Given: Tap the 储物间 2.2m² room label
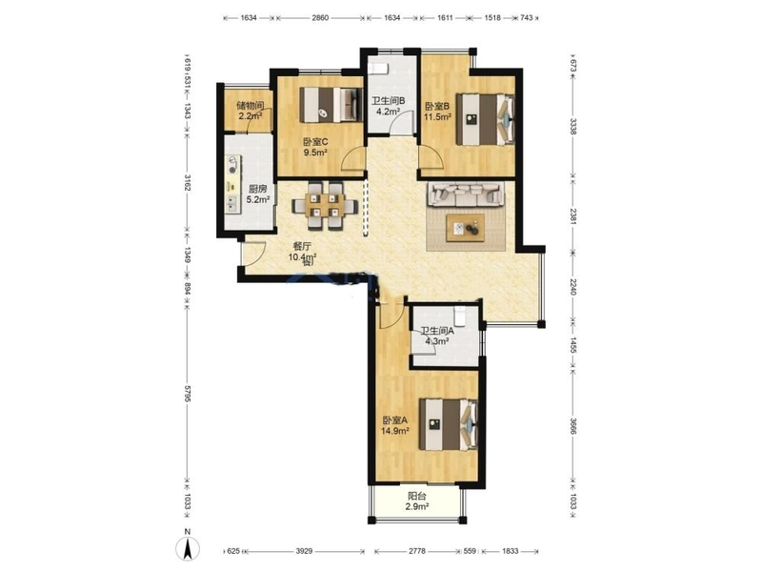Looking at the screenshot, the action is (251, 111).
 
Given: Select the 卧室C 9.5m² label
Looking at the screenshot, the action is (315, 147).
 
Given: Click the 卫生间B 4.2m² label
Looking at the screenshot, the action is (388, 106).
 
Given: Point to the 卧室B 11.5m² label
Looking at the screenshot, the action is (438, 111).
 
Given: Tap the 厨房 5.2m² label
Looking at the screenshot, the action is (258, 194).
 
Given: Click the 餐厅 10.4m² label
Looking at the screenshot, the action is (302, 252).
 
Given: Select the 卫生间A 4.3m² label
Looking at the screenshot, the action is (437, 336).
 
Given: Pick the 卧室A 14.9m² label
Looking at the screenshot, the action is (395, 425).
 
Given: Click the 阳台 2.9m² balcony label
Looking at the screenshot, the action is (417, 501).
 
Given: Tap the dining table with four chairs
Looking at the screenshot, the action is (325, 205).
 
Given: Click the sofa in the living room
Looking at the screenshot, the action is (466, 194).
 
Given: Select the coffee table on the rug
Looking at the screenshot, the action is (466, 227).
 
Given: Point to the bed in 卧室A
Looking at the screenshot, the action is (448, 424).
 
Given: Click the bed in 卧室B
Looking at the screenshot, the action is (486, 119).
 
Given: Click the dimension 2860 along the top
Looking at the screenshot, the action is (320, 18).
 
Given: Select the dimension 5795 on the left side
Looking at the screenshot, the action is (188, 393).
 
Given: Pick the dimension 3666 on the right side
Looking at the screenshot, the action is (573, 426).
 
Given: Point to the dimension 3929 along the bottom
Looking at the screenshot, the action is (304, 551).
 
